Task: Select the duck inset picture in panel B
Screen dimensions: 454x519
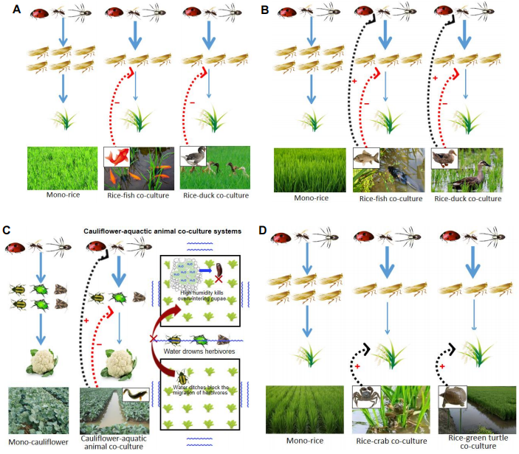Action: point(444,158)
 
